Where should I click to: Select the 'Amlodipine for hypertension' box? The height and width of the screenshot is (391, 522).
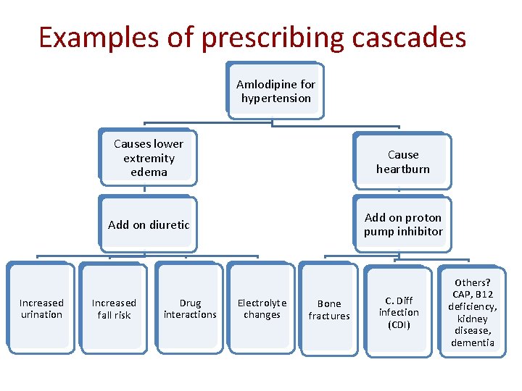pos(275,91)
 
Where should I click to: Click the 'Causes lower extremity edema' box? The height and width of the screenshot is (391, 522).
pos(149,158)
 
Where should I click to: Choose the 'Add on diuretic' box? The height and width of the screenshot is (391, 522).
pos(149,224)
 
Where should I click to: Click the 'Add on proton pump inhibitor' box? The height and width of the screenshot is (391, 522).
pos(403,224)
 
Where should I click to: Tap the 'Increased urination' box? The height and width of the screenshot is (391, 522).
pos(41,309)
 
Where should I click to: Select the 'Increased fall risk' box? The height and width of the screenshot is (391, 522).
pos(114,309)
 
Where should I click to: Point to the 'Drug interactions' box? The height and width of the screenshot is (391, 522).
pos(190,309)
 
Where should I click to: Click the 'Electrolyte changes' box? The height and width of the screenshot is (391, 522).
pos(262,309)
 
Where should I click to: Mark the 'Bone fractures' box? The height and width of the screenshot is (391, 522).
pos(329,310)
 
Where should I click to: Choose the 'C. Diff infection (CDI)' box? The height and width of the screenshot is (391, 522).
pos(399,312)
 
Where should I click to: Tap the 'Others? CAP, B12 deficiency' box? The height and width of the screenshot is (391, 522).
pos(472,312)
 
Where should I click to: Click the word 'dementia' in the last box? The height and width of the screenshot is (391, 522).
pos(472,342)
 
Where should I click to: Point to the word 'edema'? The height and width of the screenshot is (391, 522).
pos(149,172)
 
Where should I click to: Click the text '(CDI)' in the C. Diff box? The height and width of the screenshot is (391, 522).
pos(399,324)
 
